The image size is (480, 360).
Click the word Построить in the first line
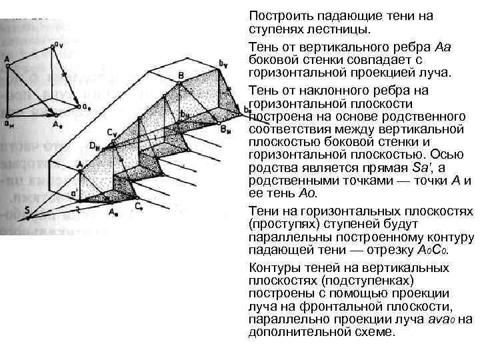[x=277, y=15]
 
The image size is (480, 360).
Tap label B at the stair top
[x=181, y=75]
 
